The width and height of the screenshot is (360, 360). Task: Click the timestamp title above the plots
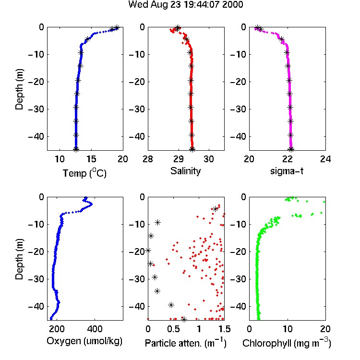pos(185,4)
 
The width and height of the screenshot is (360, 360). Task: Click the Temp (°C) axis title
pos(84,173)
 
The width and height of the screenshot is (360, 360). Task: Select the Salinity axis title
pos(185,171)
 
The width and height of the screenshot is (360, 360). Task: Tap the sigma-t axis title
pos(287,171)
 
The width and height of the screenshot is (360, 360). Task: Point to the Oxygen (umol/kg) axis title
pos(84,341)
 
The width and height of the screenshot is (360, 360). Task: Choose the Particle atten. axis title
pos(186,343)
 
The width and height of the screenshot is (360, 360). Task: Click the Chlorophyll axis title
pos(287,343)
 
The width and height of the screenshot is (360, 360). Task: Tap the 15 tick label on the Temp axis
pos(91,159)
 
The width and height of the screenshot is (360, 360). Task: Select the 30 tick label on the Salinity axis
pos(209,159)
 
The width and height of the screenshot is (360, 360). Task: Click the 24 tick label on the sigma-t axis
pos(325,159)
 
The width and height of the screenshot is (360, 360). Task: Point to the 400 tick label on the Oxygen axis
pos(95,329)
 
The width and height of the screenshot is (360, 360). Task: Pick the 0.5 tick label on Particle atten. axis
pos(173,329)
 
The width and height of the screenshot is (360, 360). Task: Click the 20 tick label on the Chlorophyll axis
pos(325,329)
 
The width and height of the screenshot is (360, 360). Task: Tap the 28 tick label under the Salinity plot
pos(148,159)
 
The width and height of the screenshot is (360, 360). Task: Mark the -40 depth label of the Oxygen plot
pos(36,306)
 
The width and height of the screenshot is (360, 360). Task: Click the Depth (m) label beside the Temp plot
pos(19,89)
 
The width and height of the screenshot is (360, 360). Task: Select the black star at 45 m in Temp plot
pos(76,149)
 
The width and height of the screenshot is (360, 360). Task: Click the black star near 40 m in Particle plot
pos(171,305)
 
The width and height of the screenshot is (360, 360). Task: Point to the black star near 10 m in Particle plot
pos(158,222)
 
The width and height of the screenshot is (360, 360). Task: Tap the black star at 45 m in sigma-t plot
pos(291,149)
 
